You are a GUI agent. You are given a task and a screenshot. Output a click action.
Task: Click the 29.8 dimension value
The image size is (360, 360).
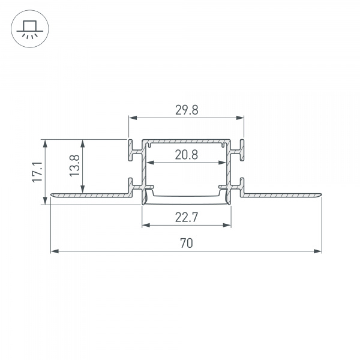click(186, 110)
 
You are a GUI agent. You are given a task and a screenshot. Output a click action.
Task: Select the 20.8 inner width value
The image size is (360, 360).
click(186, 155)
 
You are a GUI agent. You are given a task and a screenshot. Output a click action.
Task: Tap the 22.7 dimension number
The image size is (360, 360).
click(187, 218)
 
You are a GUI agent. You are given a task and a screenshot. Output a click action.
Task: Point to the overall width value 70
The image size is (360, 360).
click(186, 243)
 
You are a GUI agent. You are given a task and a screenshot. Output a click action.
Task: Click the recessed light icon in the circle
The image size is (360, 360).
click(28, 28)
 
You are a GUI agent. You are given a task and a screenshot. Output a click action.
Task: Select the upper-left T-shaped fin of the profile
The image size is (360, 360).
click(131, 150)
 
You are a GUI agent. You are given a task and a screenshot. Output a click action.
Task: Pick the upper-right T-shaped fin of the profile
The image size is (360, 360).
click(241, 150)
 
